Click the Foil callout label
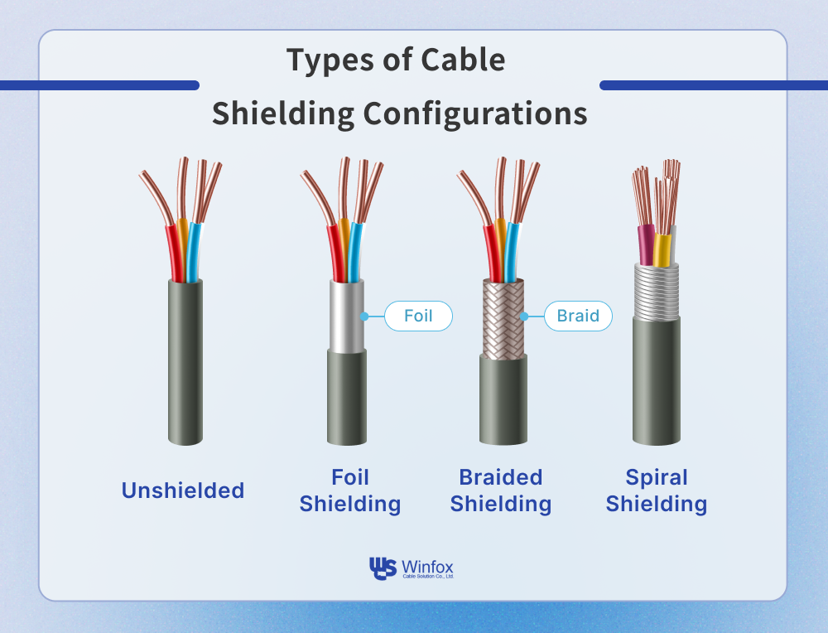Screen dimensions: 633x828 [418, 316]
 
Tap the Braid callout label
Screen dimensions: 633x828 [577, 316]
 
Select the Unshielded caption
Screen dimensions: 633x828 [183, 490]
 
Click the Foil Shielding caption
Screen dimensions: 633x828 [350, 490]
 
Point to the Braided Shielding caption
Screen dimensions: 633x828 [501, 490]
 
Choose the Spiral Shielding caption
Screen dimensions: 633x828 [657, 490]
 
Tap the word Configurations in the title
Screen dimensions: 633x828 [474, 114]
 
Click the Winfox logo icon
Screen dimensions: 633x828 [383, 568]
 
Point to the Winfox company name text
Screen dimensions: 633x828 [427, 565]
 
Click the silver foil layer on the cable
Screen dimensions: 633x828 [347, 315]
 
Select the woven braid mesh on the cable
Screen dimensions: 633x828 [503, 316]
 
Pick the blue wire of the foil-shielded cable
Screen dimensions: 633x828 [354, 253]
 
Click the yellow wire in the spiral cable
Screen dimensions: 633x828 [662, 249]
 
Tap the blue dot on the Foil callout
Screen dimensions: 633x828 [364, 316]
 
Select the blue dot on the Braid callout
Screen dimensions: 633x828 [523, 316]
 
